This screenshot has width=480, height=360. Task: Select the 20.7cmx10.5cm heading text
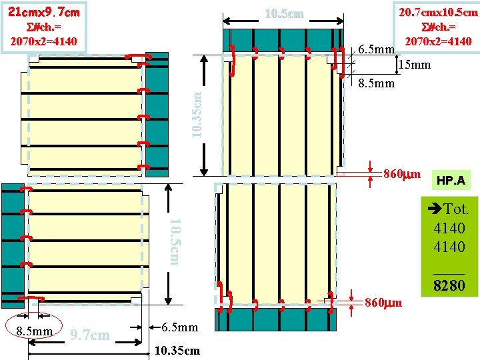click(438, 12)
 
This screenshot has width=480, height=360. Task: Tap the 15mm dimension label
click(414, 65)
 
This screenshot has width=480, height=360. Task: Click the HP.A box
click(451, 180)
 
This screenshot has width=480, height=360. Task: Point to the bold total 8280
click(449, 287)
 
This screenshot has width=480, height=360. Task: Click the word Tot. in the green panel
click(456, 209)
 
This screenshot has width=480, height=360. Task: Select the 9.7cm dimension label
click(90, 335)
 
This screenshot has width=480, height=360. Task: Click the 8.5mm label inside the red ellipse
click(33, 331)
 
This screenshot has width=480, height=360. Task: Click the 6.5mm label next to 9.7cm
click(181, 327)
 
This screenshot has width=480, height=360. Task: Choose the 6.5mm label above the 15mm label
click(376, 49)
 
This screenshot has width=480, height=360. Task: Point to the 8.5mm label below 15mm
click(377, 84)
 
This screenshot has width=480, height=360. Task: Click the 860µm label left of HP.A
click(401, 175)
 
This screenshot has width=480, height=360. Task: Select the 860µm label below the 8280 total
click(383, 303)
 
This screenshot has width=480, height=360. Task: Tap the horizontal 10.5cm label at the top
click(284, 14)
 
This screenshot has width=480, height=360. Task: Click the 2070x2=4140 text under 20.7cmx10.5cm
click(438, 41)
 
